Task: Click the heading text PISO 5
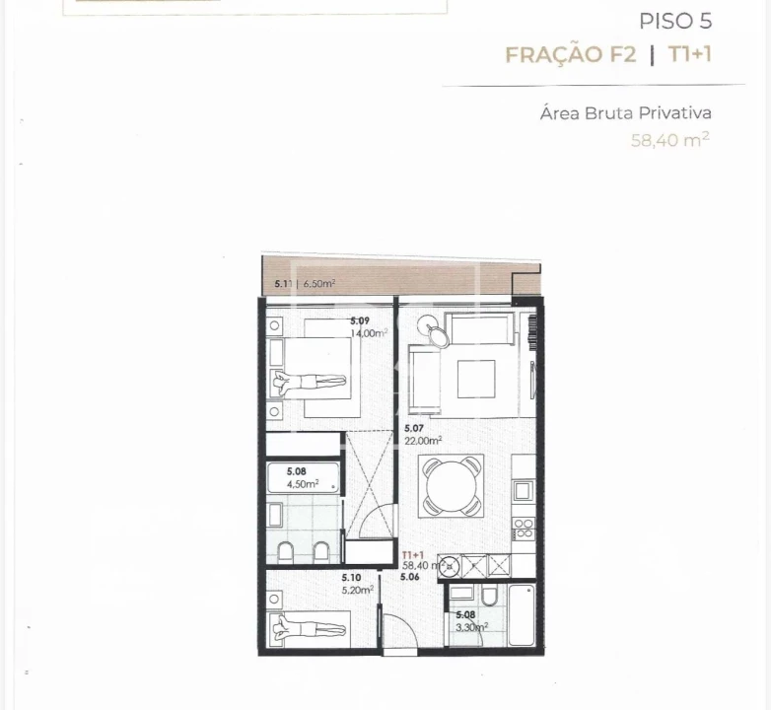(x=675, y=21)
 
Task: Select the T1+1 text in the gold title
(x=689, y=54)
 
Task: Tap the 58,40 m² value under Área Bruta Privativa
(x=670, y=140)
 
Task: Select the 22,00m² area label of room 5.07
(x=423, y=441)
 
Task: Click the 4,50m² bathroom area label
(x=303, y=484)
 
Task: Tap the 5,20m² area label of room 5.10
(x=357, y=590)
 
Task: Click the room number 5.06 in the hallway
(x=410, y=577)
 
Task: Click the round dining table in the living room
(x=452, y=486)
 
